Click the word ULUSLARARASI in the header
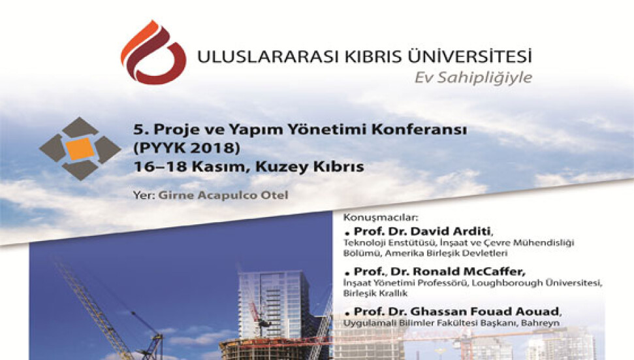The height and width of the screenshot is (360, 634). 268,57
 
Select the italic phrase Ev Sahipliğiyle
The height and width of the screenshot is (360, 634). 473,78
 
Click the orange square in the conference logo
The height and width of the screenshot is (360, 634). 80,149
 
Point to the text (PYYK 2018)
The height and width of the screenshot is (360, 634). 187,148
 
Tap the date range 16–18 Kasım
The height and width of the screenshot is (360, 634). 189,166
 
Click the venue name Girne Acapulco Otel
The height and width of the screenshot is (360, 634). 223,195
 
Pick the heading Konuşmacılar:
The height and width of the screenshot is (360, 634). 380,218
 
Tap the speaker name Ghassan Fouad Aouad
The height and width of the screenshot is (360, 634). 484,312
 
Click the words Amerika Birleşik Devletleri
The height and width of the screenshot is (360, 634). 446,254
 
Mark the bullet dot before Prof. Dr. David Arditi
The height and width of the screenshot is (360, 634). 347,233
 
